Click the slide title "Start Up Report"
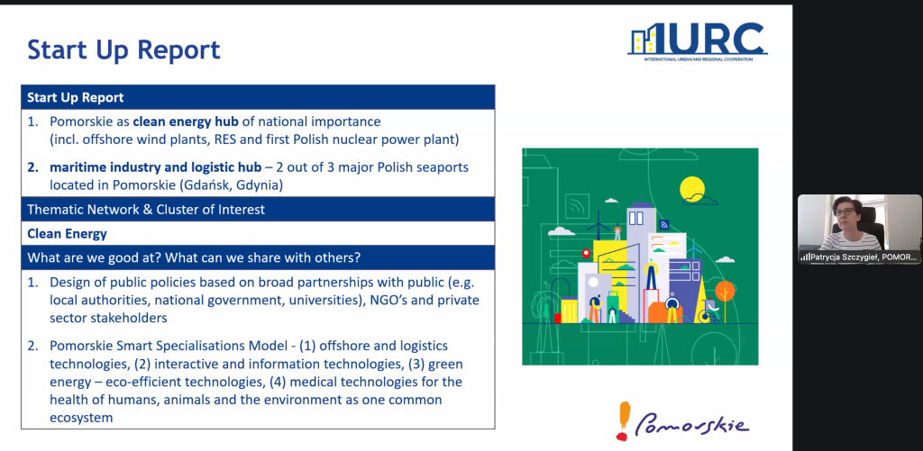(123, 50)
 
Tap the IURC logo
(698, 41)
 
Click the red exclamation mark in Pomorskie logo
(624, 420)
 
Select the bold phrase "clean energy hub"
(186, 122)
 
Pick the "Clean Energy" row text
(67, 233)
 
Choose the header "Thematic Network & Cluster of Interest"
(146, 210)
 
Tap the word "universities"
(326, 301)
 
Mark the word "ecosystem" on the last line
(80, 418)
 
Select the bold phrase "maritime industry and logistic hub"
(155, 167)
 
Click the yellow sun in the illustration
(691, 189)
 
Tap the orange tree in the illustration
(725, 293)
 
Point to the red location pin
(586, 254)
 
